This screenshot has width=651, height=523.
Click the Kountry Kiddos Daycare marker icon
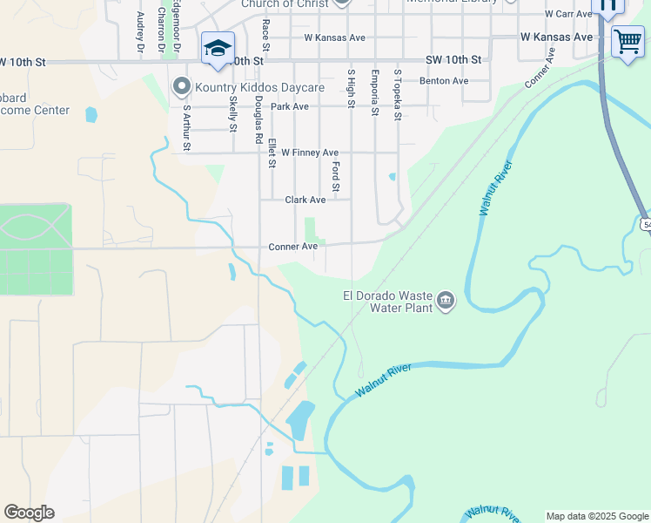(x=182, y=87)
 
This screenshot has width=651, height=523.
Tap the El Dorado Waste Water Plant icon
(x=446, y=301)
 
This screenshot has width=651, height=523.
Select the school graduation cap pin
(x=217, y=48)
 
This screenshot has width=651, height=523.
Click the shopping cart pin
(x=627, y=40)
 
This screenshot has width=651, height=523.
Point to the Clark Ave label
(x=305, y=200)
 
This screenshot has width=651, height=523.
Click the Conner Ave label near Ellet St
(x=292, y=247)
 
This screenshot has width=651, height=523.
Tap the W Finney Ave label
(x=309, y=153)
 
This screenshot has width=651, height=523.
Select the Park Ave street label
(x=289, y=106)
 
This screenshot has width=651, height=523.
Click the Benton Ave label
(x=444, y=81)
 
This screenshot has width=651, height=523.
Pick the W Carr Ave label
(x=568, y=14)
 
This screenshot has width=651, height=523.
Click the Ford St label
(x=335, y=175)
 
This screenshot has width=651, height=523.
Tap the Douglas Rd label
(x=258, y=119)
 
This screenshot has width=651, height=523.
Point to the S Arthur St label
(x=186, y=127)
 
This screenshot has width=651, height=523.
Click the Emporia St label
(x=374, y=92)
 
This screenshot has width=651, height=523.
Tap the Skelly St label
(x=232, y=113)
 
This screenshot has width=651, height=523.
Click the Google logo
(x=29, y=513)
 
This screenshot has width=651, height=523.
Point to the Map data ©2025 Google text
(x=596, y=516)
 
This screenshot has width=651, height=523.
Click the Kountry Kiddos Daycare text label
(x=259, y=87)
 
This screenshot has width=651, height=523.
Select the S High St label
(x=351, y=89)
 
